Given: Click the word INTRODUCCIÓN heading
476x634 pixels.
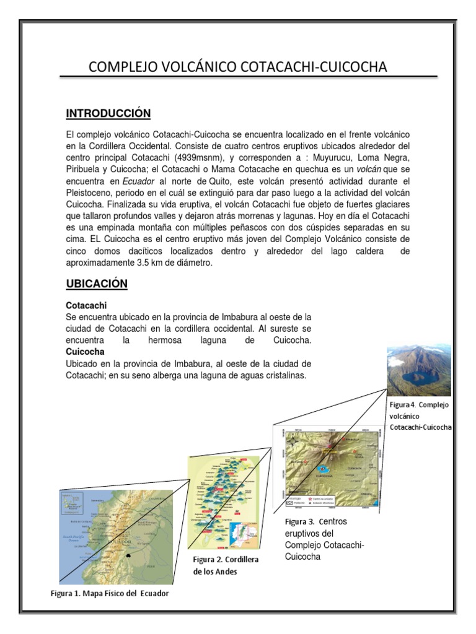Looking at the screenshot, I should point(108,113).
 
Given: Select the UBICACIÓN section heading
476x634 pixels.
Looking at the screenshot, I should point(97,284).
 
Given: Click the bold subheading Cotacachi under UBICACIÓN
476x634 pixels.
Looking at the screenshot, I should point(86,306).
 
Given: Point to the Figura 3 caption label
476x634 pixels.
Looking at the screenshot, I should point(299,521).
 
